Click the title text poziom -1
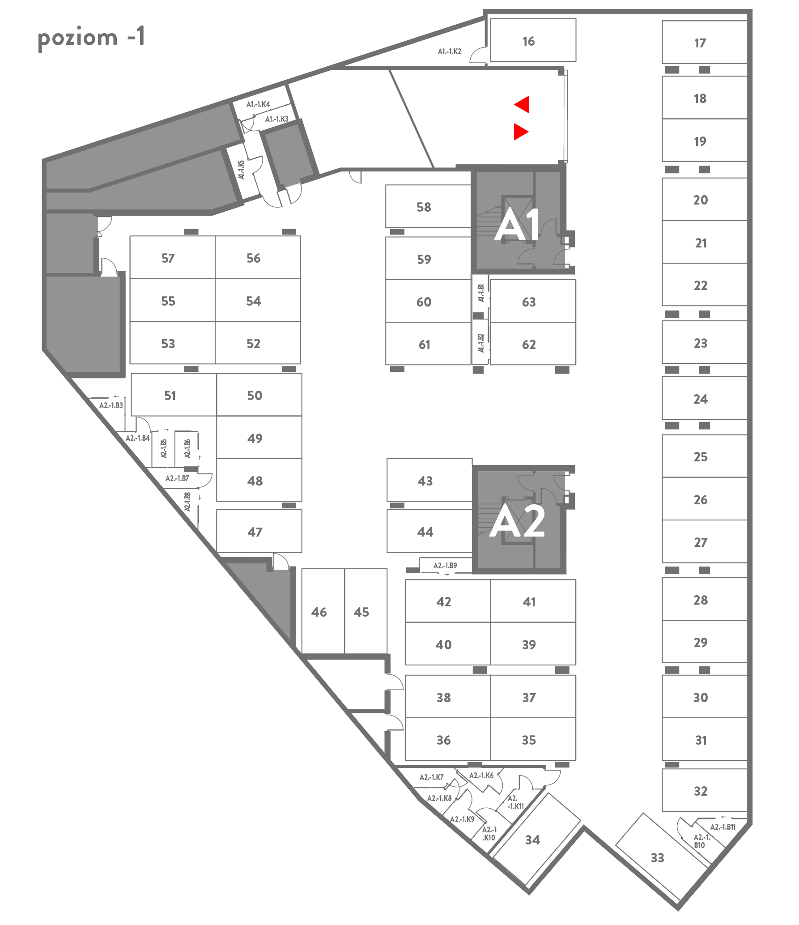click(x=91, y=38)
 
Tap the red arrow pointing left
click(x=523, y=104)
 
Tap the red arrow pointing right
click(x=521, y=132)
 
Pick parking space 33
click(x=657, y=857)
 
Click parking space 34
click(x=532, y=840)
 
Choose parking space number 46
click(x=319, y=612)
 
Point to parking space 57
click(x=168, y=258)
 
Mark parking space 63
click(x=529, y=302)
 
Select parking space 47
click(x=255, y=532)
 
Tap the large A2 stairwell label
click(x=518, y=521)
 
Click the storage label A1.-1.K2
click(x=449, y=51)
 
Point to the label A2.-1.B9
click(x=445, y=566)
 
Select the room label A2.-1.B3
click(x=111, y=405)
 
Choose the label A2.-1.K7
click(x=431, y=777)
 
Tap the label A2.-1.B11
click(x=723, y=827)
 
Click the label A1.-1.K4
click(x=258, y=104)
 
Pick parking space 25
click(x=701, y=456)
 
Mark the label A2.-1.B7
click(x=177, y=478)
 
